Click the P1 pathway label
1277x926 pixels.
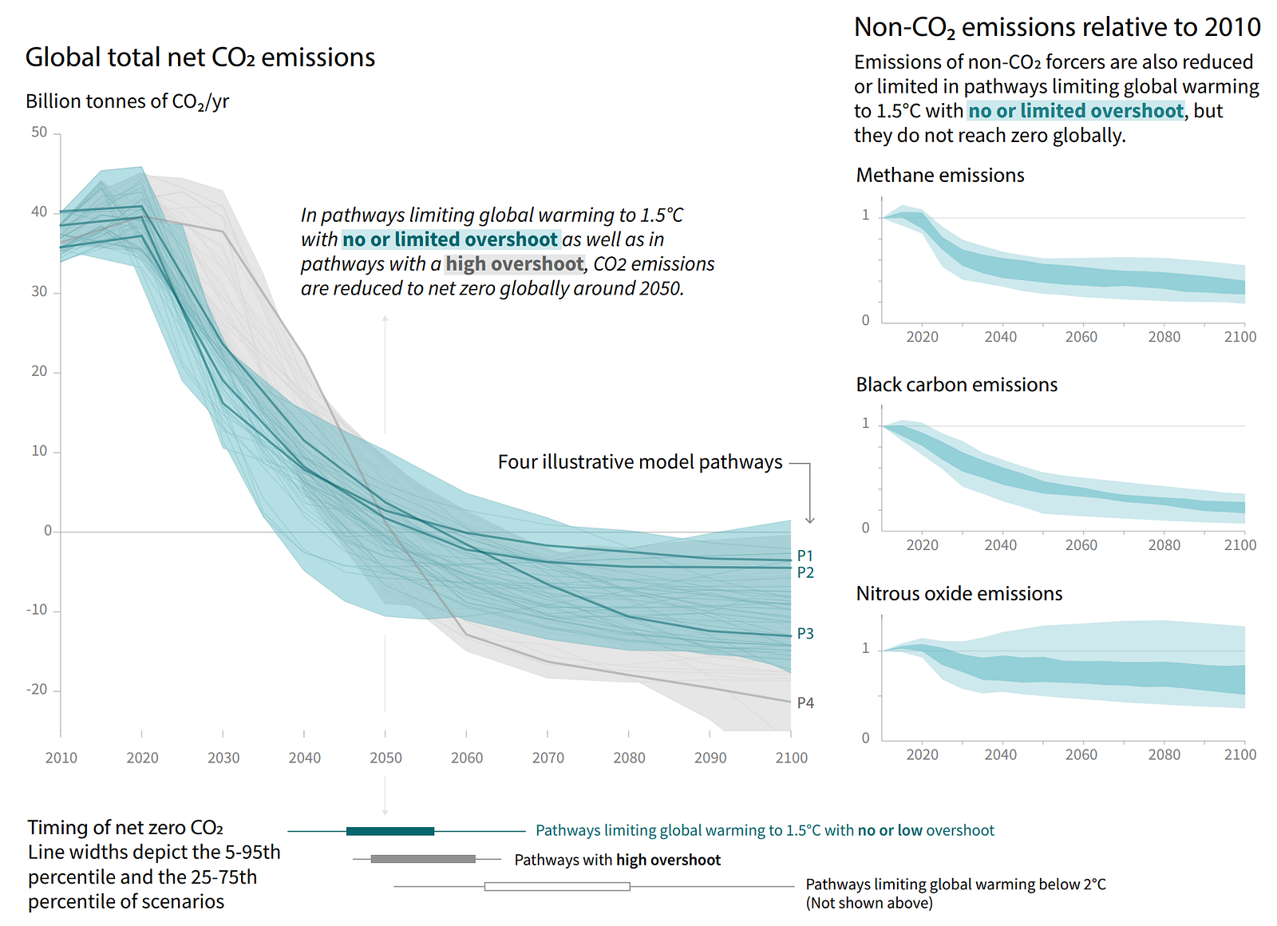[x=805, y=556]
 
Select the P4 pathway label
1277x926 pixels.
[x=805, y=703]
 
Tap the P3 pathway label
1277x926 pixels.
[x=805, y=634]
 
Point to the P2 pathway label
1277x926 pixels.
[x=805, y=573]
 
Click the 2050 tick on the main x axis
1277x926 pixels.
[x=385, y=758]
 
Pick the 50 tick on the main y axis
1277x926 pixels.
[x=39, y=133]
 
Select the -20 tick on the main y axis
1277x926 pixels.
[x=37, y=690]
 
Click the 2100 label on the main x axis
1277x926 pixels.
[x=791, y=758]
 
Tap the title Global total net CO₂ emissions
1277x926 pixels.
[x=200, y=57]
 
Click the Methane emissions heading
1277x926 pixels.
[x=940, y=176]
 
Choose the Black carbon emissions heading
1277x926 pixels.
[x=956, y=385]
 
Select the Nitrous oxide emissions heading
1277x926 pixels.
[x=959, y=594]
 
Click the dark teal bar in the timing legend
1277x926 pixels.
[x=390, y=831]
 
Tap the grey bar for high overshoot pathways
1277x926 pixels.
[x=423, y=859]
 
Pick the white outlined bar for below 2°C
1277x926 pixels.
[x=557, y=886]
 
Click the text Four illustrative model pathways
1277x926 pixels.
[x=640, y=462]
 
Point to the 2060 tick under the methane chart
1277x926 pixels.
[x=1081, y=337]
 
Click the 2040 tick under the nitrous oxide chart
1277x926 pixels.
[x=1000, y=754]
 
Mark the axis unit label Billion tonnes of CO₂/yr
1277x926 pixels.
[x=128, y=101]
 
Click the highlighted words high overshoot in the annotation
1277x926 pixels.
[x=515, y=264]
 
